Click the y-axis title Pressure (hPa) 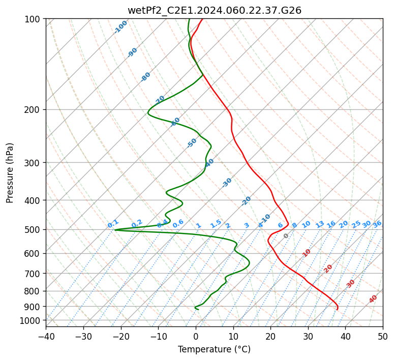(10, 173)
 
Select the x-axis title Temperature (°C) (214, 349)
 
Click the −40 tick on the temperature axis (46, 336)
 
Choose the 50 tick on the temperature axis (383, 336)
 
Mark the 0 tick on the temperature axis (196, 336)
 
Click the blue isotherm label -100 (121, 27)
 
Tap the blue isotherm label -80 (146, 77)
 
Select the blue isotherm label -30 (227, 182)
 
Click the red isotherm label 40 (373, 299)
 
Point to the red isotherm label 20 (328, 268)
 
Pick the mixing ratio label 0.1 (113, 224)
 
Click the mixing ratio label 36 (377, 224)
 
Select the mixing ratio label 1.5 (216, 223)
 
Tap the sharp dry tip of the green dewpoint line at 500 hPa (115, 230)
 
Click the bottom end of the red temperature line (337, 310)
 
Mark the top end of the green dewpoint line (189, 19)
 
